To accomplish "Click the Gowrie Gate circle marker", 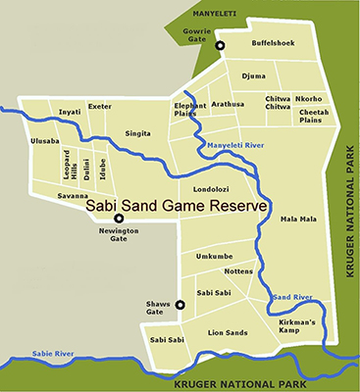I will pyautogui.click(x=221, y=46).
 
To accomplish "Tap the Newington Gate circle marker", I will pyautogui.click(x=119, y=219).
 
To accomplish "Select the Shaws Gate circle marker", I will pyautogui.click(x=180, y=305).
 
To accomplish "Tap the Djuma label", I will pyautogui.click(x=253, y=74).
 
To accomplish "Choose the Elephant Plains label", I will pyautogui.click(x=190, y=109).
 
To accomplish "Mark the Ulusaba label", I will pyautogui.click(x=45, y=140).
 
